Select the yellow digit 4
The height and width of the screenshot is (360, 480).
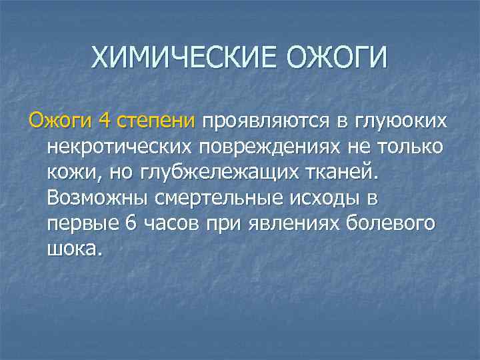(104, 121)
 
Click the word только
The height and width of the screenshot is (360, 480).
(407, 147)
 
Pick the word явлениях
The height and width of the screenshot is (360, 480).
(287, 223)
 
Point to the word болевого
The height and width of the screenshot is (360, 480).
(392, 223)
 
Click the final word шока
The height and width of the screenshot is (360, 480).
(75, 249)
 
